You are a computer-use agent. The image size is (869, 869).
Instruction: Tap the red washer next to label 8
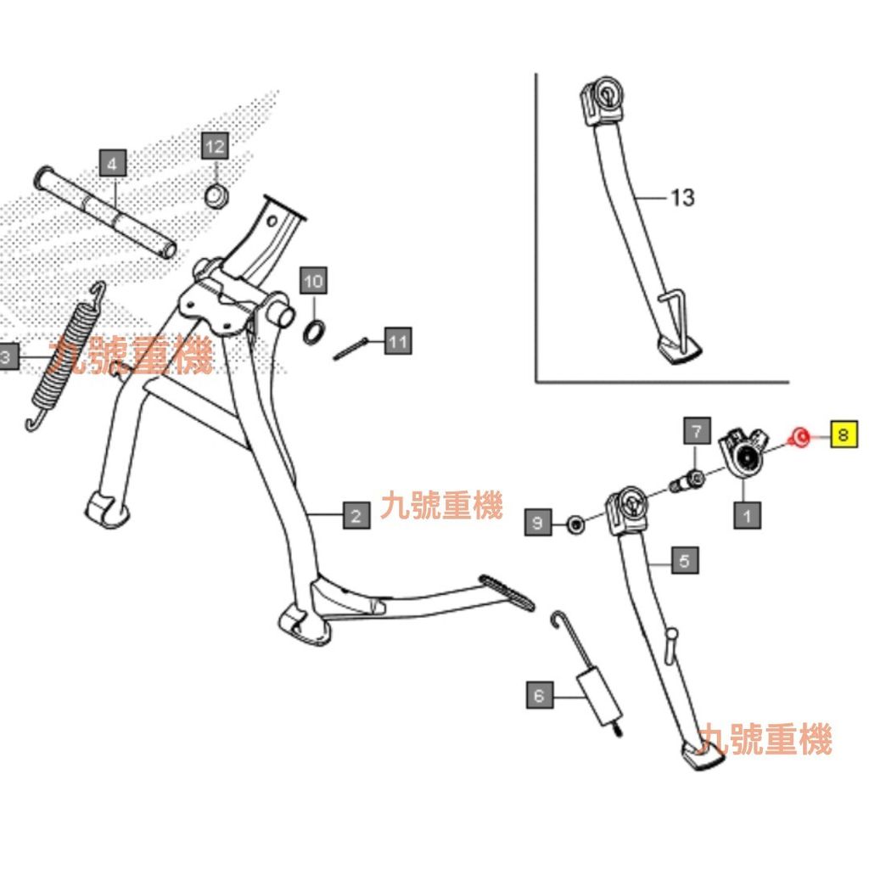coord(798,438)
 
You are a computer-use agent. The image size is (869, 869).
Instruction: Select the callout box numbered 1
coord(747,513)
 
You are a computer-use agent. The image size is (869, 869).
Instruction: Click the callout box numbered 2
coord(356,514)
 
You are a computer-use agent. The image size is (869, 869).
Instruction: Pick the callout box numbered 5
coord(685,560)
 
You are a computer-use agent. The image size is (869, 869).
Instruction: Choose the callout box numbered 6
coord(538,697)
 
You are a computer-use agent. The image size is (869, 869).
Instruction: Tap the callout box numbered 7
coord(697,431)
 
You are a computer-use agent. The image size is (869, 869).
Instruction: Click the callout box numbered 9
coord(536,524)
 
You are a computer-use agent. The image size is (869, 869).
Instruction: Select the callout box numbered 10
coord(313,280)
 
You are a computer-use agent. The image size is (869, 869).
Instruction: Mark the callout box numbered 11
coord(398,342)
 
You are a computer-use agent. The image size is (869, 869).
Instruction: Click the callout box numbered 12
coord(215,147)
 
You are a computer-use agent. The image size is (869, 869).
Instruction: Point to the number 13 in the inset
coord(682,198)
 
